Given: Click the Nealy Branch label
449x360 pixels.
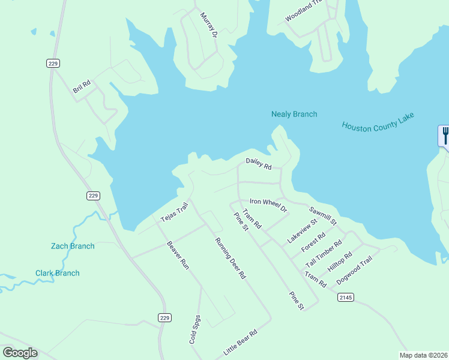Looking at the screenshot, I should pos(294,114).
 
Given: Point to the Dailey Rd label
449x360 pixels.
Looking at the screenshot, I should pos(259,163).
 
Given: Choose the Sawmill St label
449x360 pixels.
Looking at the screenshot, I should pos(323,217).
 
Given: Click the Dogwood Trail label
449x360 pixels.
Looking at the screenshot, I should pos(354,271).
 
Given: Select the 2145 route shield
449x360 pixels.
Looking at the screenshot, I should pos(345,297).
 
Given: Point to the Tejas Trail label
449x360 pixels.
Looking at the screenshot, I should pos(174,212).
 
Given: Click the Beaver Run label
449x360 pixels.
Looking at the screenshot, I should pos(178,254).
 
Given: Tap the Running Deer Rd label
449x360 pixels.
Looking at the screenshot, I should pos(231,259).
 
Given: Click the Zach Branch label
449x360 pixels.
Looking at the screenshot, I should pos(73,246).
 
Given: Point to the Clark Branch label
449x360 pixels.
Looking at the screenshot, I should pos(57,274).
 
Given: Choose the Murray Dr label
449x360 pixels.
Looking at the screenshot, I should pos(208,25).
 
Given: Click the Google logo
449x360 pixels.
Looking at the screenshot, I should pos(20,352).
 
